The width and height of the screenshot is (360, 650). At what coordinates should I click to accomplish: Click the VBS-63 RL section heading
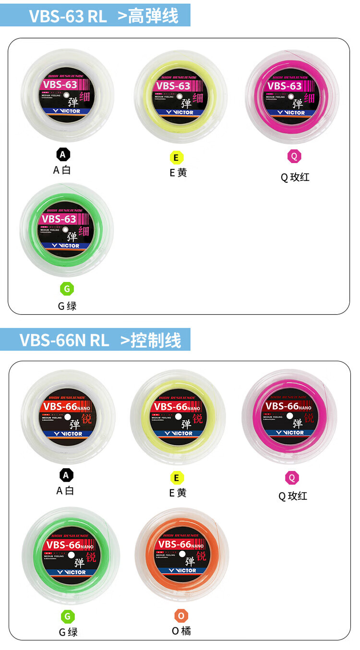pos(103,16)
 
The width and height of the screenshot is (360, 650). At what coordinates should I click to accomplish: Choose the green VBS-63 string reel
pos(67,230)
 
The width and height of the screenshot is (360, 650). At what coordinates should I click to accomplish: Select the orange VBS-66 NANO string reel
pos(182,555)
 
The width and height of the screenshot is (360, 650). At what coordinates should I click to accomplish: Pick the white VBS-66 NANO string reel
pos(67,417)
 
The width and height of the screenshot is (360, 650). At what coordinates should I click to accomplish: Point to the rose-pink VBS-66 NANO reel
pos(289,416)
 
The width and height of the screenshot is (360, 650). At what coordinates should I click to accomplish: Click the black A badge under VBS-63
pos(63,154)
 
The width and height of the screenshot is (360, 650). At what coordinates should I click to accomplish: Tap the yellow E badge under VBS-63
pos(176,157)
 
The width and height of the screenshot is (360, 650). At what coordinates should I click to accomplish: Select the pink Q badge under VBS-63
pos(294,156)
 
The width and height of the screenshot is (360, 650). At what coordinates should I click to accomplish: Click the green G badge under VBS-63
pos(67,289)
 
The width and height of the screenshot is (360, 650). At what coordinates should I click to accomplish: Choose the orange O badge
pos(181,615)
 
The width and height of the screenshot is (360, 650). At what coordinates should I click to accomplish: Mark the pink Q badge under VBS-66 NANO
pos(292,478)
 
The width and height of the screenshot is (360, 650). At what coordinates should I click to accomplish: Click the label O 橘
pos(181,631)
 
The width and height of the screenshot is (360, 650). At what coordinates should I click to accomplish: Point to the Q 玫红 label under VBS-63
pos(295,177)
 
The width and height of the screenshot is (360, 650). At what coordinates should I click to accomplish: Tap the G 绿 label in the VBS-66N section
pos(68,632)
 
